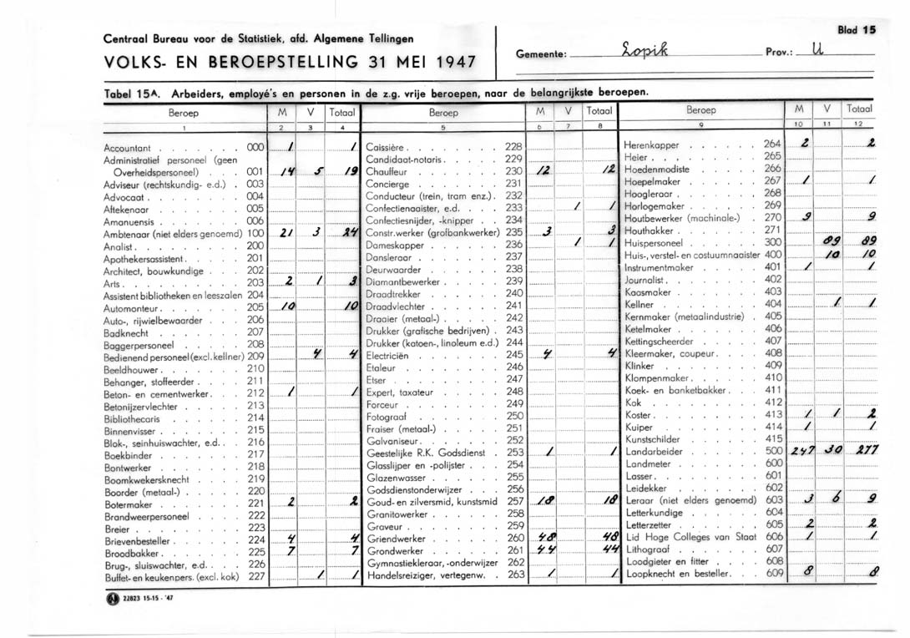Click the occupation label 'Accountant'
pos(127,146)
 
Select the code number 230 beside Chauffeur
pos(513,170)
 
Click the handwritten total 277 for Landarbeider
pos(861,451)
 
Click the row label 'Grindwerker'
pos(394,551)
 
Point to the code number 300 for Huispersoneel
pos(772,241)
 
